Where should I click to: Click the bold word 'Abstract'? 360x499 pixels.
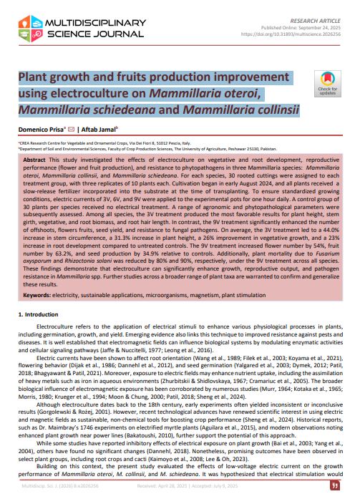coord(37,158)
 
